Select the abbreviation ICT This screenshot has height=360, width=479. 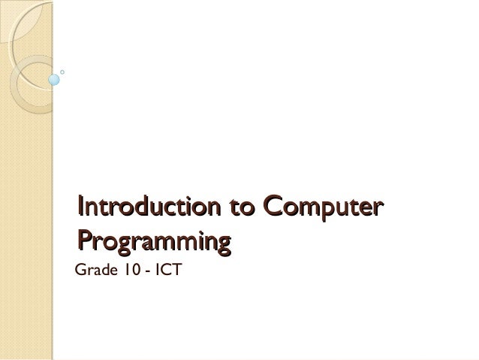166,268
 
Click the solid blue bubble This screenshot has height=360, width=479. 53,77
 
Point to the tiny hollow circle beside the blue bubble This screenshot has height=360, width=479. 62,72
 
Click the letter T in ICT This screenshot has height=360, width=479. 176,268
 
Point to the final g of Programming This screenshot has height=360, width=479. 222,244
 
